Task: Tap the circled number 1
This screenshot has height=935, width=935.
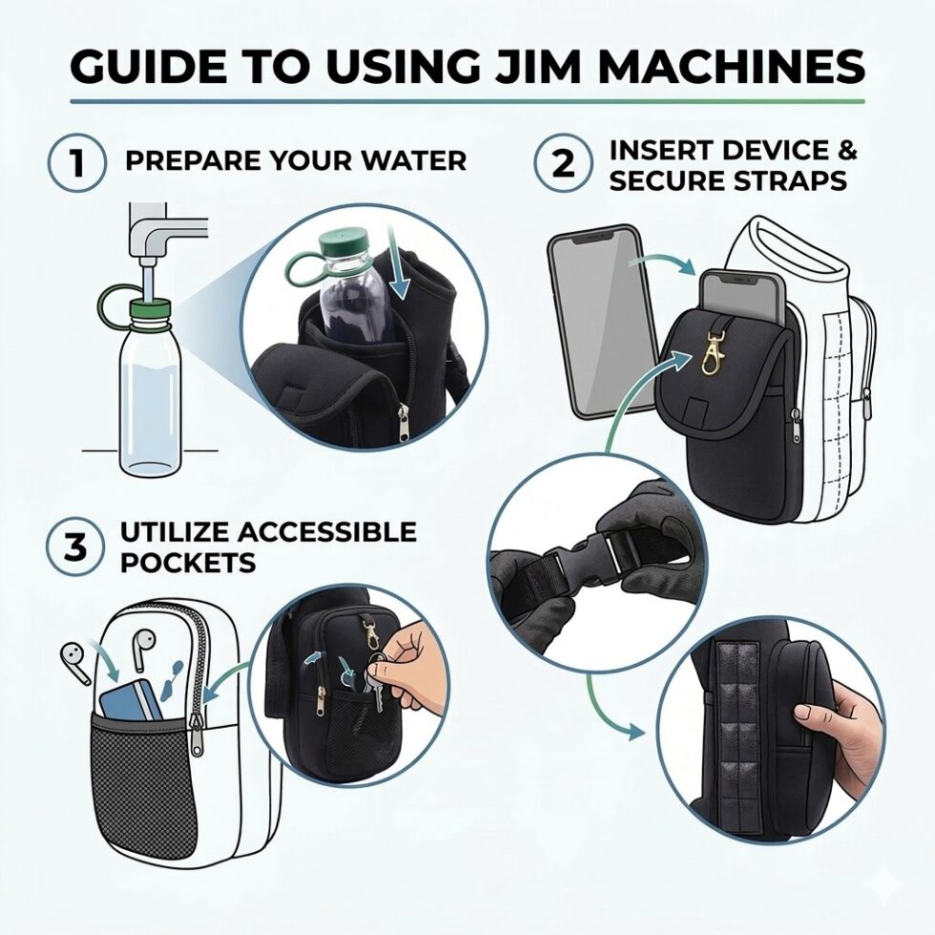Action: pos(77,163)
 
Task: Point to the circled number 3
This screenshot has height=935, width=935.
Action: pos(76,547)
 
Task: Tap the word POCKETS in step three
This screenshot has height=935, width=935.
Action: pos(188,562)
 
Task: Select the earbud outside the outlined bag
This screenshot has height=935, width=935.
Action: pos(73,658)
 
